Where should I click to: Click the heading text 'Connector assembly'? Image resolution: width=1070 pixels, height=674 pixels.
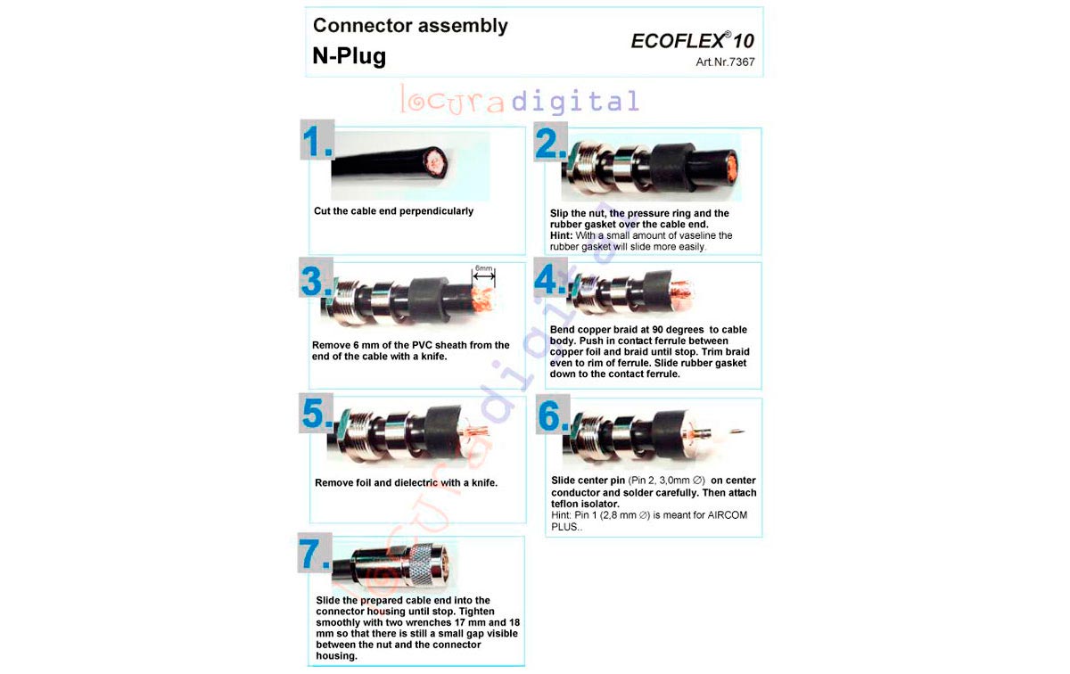click(410, 26)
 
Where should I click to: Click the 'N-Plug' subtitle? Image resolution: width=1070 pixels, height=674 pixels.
click(350, 56)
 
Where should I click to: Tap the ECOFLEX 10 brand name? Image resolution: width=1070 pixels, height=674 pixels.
click(692, 41)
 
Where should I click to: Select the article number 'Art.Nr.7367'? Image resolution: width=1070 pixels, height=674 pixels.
click(725, 62)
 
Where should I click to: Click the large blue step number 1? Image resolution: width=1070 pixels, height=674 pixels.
click(317, 142)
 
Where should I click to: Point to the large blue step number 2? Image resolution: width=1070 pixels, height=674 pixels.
click(550, 143)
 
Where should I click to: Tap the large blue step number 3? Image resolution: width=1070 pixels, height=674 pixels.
click(317, 280)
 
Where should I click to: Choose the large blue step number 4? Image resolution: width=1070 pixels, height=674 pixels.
click(550, 279)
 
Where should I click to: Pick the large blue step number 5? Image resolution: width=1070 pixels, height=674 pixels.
click(317, 413)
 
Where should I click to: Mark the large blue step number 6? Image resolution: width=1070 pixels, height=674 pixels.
click(553, 415)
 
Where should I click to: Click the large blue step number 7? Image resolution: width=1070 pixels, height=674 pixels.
click(314, 554)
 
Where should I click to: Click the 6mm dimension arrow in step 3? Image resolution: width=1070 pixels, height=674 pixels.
click(483, 275)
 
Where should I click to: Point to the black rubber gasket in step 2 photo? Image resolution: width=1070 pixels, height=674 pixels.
click(670, 166)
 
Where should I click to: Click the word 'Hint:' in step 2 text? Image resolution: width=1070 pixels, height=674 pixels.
click(561, 235)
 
